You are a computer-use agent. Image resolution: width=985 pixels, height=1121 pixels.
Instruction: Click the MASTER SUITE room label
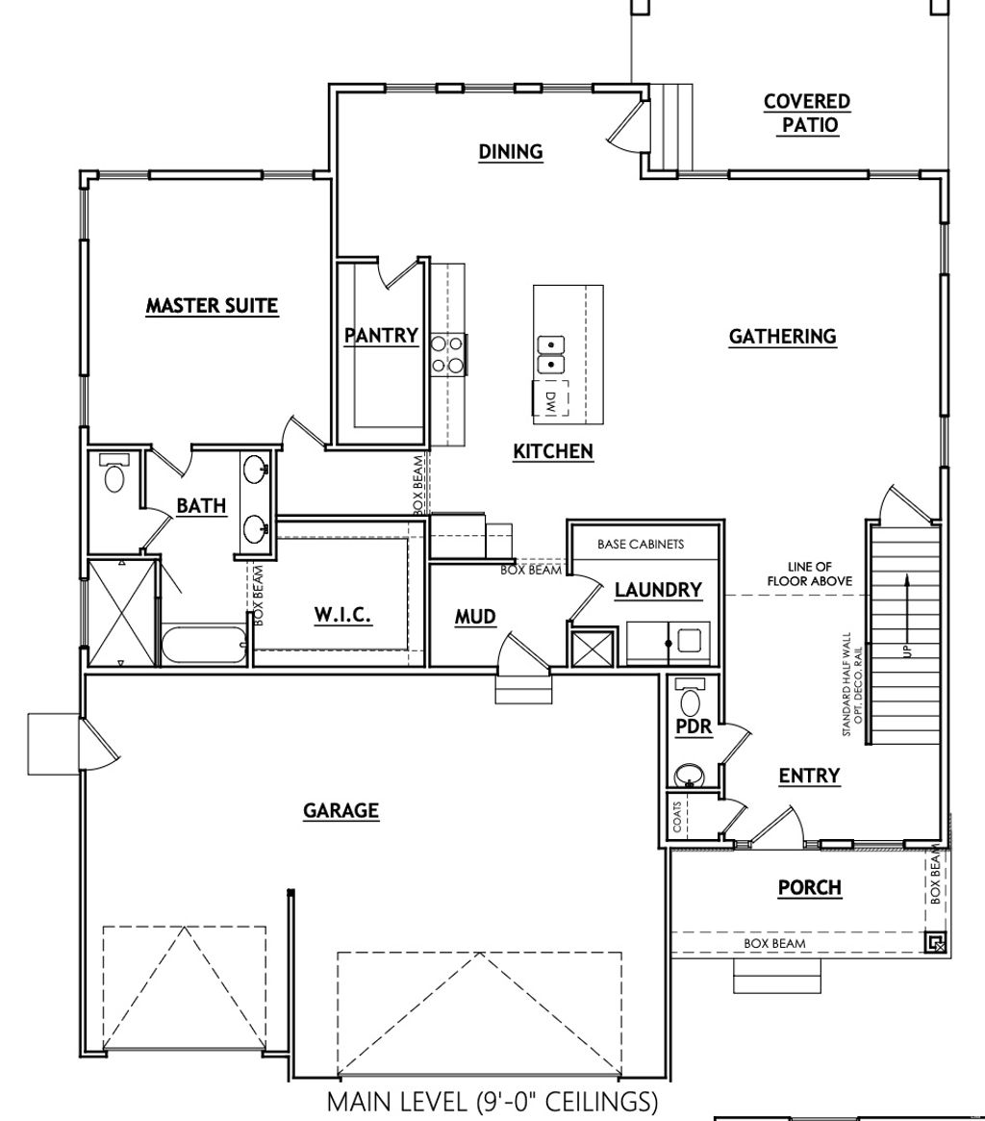(212, 306)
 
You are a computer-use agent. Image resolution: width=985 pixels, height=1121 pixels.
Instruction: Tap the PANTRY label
(381, 335)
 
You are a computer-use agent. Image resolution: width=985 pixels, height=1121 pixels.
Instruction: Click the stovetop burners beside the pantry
(447, 352)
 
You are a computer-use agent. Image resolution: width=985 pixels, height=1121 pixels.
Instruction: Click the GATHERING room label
(782, 336)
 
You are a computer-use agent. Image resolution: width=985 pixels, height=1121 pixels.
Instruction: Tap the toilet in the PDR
(690, 695)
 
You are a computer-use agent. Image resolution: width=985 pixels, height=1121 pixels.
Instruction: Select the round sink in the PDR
(689, 773)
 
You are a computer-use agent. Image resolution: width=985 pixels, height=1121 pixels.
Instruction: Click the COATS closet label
(677, 816)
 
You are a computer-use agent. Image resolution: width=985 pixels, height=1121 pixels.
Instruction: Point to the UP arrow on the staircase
(905, 616)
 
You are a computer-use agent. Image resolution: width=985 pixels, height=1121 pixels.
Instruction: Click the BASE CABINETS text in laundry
(641, 544)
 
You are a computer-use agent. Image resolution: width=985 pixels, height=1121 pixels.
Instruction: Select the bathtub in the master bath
(204, 645)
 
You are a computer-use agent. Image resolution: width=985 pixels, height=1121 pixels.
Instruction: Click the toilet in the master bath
(114, 473)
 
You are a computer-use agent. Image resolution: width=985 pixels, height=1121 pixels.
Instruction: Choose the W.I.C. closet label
(342, 614)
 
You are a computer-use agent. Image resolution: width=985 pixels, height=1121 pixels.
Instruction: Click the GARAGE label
(341, 810)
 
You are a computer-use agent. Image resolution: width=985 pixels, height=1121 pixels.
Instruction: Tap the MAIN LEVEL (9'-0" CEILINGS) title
(492, 1101)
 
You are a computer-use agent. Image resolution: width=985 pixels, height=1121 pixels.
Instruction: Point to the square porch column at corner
(935, 942)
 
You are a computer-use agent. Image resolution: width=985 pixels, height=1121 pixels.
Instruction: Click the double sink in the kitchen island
(550, 354)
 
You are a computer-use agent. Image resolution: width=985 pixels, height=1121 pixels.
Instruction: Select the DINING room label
(511, 151)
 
